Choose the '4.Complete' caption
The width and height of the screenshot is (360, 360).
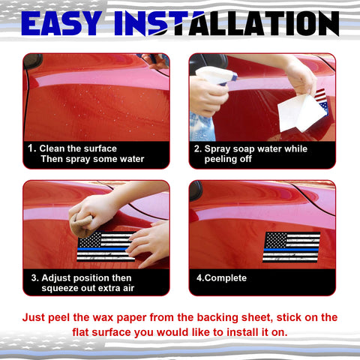pyautogui.click(x=221, y=278)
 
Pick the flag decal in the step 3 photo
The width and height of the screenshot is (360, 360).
pyautogui.click(x=105, y=246)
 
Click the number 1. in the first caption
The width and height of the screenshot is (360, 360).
pyautogui.click(x=31, y=148)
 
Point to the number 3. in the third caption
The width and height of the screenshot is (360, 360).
pyautogui.click(x=34, y=277)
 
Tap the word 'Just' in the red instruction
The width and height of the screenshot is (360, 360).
pyautogui.click(x=35, y=317)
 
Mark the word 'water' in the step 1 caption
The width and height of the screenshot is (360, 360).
pyautogui.click(x=127, y=159)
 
